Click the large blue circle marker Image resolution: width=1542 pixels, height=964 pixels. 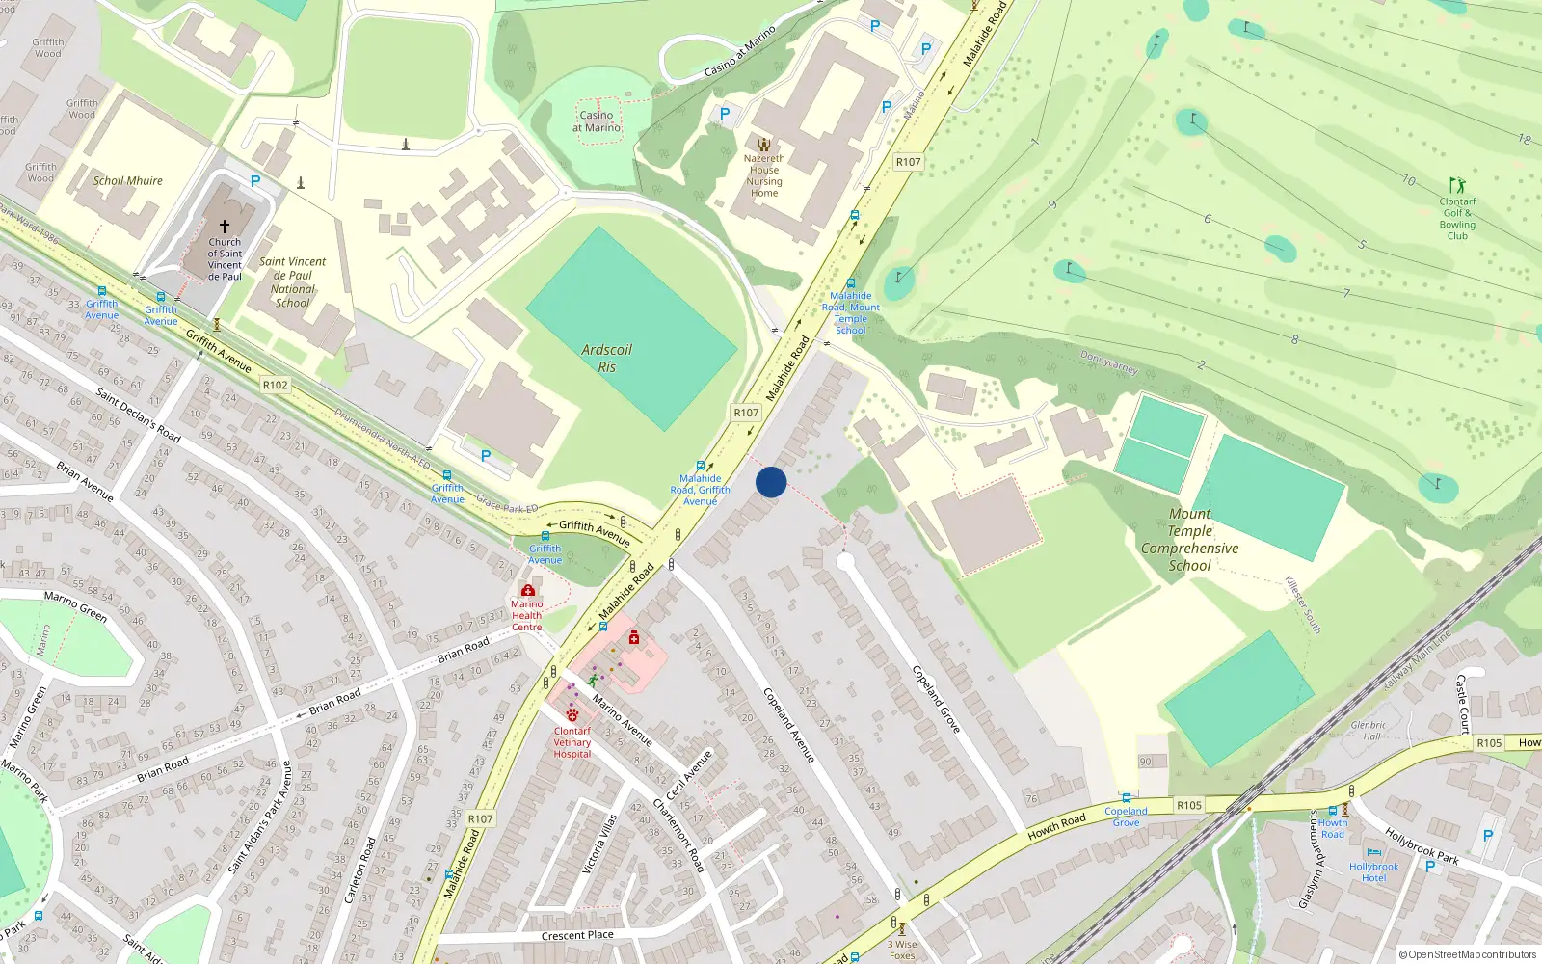coord(771,482)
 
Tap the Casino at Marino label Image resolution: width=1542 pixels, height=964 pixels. coord(597,121)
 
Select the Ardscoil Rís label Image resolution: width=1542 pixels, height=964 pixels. coord(606,359)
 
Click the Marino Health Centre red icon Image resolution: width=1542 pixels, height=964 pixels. coord(527,590)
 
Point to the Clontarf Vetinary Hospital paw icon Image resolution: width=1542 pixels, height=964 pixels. coord(572,715)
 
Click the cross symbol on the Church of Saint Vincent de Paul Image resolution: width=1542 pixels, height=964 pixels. coord(225,227)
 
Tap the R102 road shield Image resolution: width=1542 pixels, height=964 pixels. coord(276,385)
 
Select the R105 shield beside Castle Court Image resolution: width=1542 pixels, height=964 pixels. coord(1489,743)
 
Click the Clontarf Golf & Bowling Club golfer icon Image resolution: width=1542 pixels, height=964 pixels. coord(1456,185)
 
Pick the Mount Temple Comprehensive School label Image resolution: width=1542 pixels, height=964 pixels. coord(1190,540)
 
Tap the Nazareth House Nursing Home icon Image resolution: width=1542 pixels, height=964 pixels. coord(764,145)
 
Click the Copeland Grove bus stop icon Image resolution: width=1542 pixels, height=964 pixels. coord(1126,799)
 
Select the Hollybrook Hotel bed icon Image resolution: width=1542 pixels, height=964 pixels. coord(1374,852)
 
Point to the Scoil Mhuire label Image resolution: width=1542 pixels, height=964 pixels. coord(128,180)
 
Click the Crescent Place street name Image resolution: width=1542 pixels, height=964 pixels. coord(577,935)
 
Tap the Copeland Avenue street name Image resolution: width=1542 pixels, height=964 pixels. coord(789,725)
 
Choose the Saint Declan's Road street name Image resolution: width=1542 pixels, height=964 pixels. coord(139,415)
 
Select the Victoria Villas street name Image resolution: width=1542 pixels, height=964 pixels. coord(599,844)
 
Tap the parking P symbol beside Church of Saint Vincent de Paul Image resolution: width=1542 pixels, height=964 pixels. coord(255,181)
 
